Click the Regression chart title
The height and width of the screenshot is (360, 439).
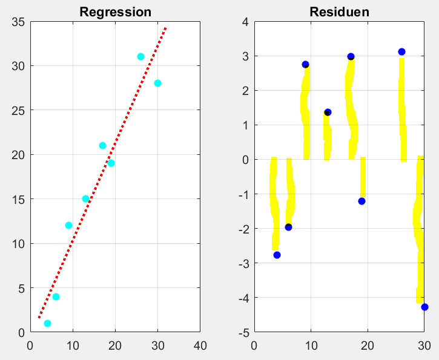coord(115,12)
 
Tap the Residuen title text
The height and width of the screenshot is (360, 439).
coord(339,12)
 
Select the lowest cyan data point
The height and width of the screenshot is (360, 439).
coord(47,323)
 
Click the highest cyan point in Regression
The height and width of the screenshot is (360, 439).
coord(140,56)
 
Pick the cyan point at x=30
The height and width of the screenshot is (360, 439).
coord(157,83)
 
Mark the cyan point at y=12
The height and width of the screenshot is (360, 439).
coord(68,225)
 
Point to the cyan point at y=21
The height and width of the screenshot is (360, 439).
coord(102,145)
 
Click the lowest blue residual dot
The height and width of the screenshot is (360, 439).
coord(424,307)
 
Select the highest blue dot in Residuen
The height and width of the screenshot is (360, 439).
coord(401,51)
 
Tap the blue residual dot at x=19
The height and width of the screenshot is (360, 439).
coord(361,201)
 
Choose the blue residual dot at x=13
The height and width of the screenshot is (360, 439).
coord(328,112)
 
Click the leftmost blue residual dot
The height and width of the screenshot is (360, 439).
coord(277,255)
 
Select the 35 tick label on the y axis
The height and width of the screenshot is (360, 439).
coord(18,22)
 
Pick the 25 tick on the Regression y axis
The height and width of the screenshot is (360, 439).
coord(18,110)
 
